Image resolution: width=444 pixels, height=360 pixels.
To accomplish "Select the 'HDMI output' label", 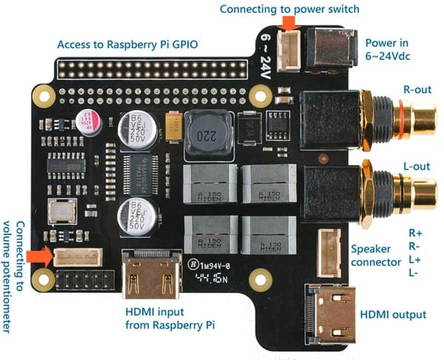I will click(394, 315).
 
